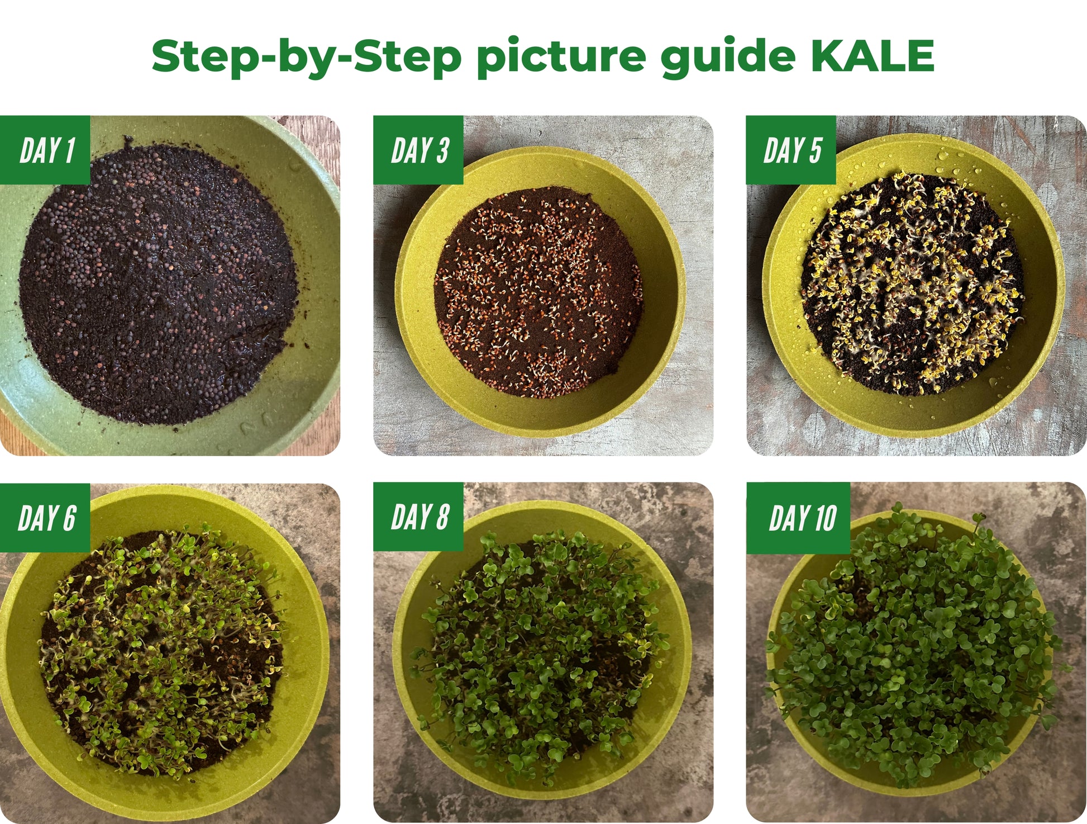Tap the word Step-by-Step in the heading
point(306,57)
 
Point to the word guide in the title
point(728,57)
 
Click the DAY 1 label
point(47,150)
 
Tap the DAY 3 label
point(419,150)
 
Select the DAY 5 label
point(792,150)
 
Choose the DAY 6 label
point(46,518)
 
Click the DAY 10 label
point(802,518)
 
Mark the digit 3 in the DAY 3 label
point(442,150)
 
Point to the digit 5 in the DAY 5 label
point(815,150)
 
